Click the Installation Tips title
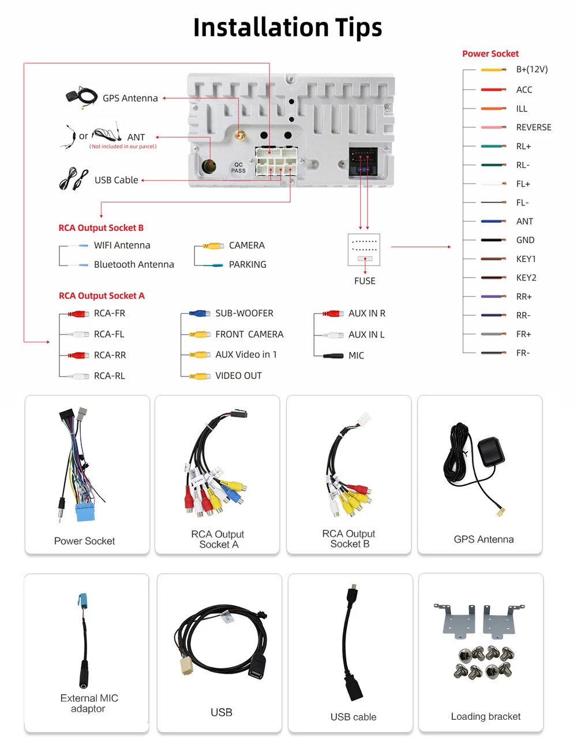click(x=287, y=27)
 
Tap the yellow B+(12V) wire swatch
click(x=493, y=70)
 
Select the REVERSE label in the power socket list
click(x=533, y=128)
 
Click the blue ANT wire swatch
click(x=493, y=222)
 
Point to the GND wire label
click(x=525, y=240)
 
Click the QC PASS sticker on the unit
click(x=238, y=168)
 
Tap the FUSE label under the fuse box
click(x=365, y=281)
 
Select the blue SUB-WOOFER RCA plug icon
click(x=199, y=313)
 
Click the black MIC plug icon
click(x=333, y=356)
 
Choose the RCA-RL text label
click(x=109, y=376)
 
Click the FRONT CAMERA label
click(x=249, y=334)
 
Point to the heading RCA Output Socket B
click(x=101, y=228)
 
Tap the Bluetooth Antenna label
click(x=134, y=264)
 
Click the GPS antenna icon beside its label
click(x=81, y=97)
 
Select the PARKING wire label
click(x=248, y=264)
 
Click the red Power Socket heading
click(x=490, y=54)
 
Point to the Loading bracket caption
click(x=485, y=716)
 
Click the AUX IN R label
click(x=366, y=313)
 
